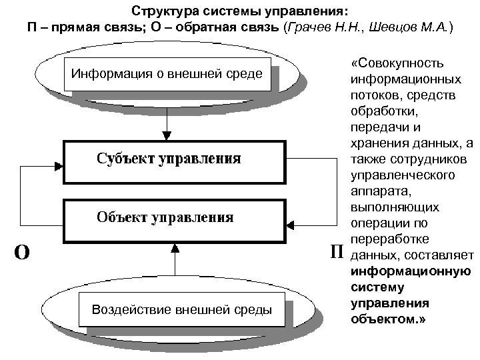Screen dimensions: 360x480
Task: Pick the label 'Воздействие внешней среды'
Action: (181, 310)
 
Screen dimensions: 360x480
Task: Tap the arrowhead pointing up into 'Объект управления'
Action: (174, 248)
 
